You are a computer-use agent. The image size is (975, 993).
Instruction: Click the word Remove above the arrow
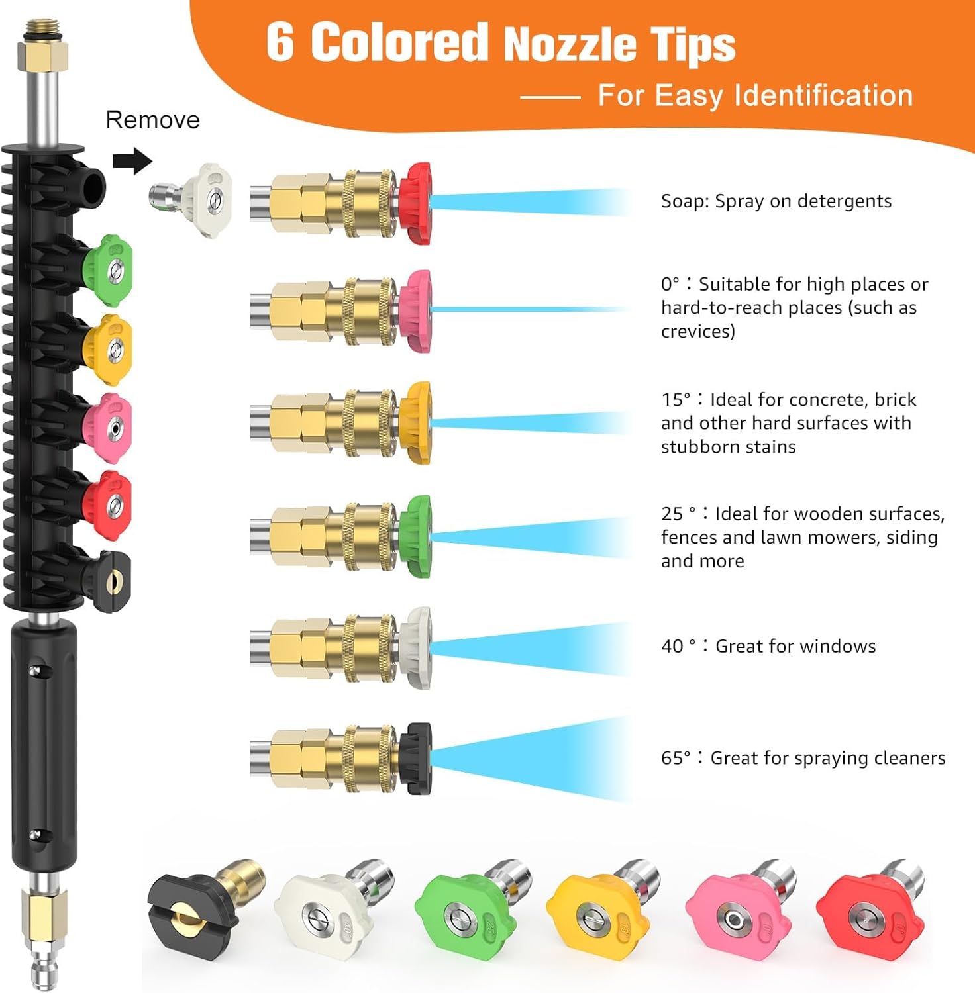152,120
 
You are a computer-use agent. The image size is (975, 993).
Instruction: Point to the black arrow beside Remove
132,161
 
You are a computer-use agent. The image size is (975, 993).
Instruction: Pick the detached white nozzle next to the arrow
199,193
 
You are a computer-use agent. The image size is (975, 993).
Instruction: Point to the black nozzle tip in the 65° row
417,757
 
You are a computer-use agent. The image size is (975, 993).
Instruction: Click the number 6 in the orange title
280,42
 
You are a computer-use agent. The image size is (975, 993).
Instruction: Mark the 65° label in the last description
676,758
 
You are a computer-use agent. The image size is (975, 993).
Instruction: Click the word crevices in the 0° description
697,331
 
